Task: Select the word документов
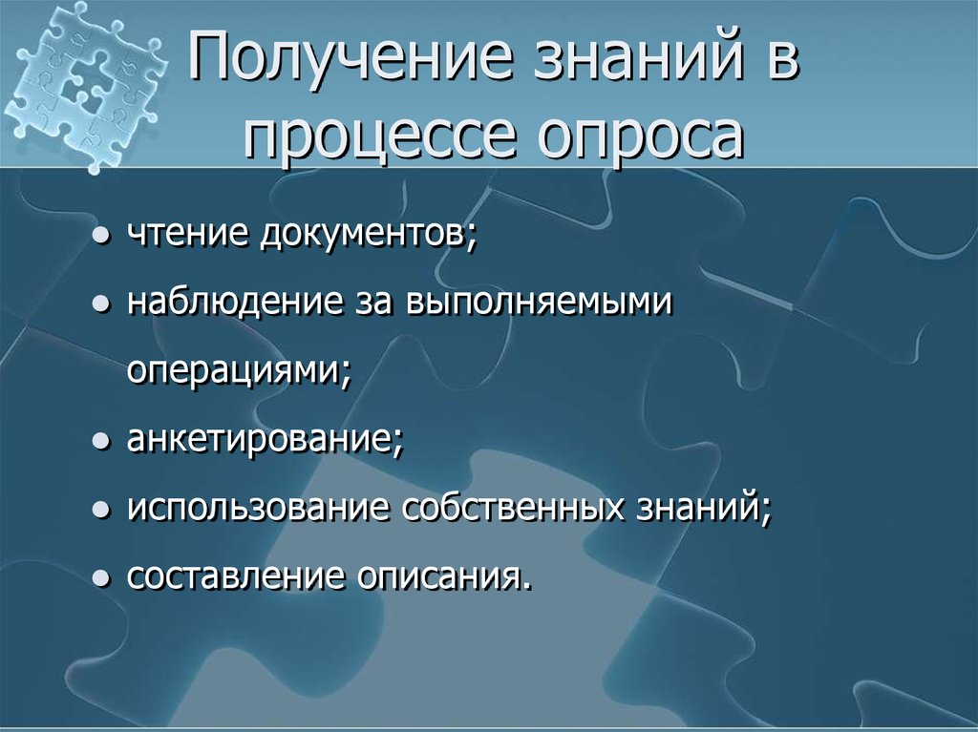click(x=363, y=234)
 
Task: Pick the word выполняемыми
click(x=540, y=303)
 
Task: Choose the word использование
click(x=259, y=508)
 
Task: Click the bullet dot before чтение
click(x=100, y=237)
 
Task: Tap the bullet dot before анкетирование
click(x=100, y=442)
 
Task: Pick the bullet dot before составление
click(x=100, y=579)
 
